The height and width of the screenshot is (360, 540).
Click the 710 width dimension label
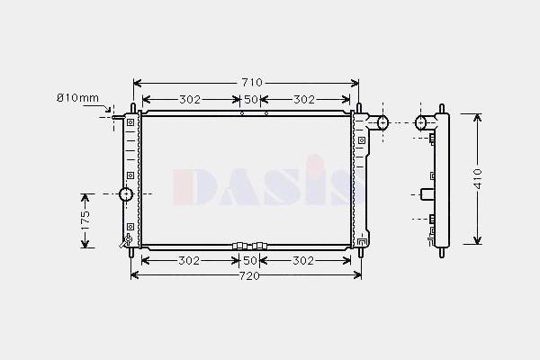click(252, 83)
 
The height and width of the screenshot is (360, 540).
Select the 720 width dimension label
click(249, 276)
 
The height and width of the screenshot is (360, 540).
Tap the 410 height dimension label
click(478, 178)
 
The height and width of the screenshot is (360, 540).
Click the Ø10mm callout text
click(77, 98)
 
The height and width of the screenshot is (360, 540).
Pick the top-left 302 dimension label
click(190, 100)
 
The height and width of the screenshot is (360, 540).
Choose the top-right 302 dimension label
click(304, 100)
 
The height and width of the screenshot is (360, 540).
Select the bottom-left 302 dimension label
click(189, 261)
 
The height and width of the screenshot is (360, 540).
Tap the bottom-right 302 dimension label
click(303, 261)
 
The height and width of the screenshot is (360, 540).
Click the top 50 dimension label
click(251, 100)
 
